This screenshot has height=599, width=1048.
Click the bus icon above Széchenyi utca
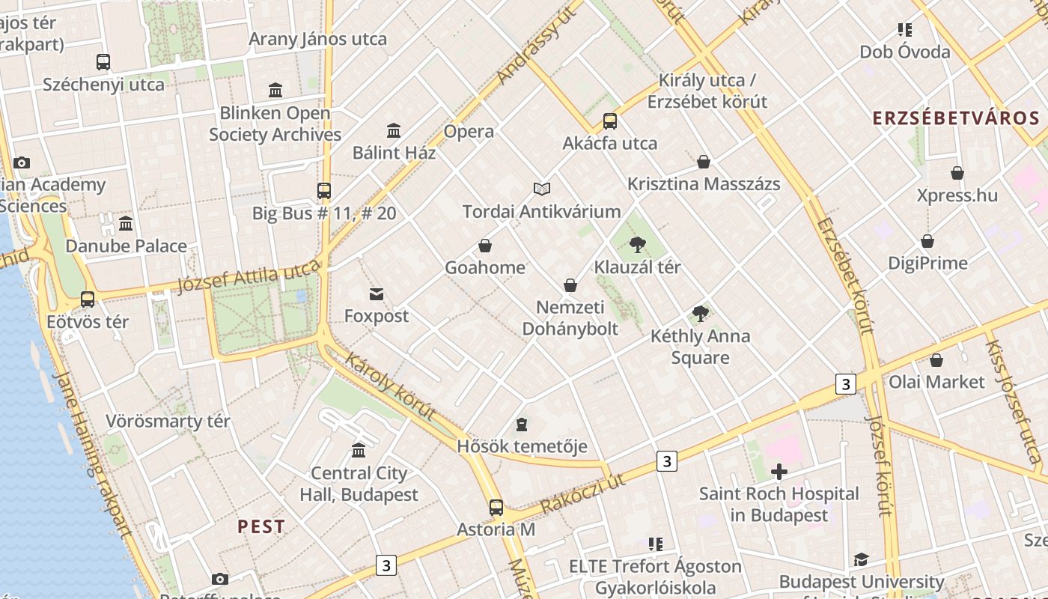pyautogui.click(x=103, y=62)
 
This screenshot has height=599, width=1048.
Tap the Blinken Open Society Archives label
pyautogui.click(x=275, y=124)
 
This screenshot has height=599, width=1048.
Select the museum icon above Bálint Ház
pyautogui.click(x=394, y=131)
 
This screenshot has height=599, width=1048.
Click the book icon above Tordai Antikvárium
pyautogui.click(x=542, y=189)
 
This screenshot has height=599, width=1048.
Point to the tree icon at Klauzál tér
pyautogui.click(x=638, y=244)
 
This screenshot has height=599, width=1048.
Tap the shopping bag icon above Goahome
pyautogui.click(x=485, y=246)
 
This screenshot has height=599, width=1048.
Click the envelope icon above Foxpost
pyautogui.click(x=377, y=294)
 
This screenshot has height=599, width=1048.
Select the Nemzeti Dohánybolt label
pyautogui.click(x=570, y=318)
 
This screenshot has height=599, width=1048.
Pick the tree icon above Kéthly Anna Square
pyautogui.click(x=701, y=314)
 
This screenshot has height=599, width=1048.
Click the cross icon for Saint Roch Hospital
pyautogui.click(x=779, y=472)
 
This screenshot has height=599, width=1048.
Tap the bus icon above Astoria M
pyautogui.click(x=496, y=508)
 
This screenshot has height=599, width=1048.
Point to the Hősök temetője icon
pyautogui.click(x=522, y=425)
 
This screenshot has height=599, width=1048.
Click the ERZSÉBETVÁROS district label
pyautogui.click(x=956, y=118)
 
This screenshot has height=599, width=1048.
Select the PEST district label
pyautogui.click(x=261, y=526)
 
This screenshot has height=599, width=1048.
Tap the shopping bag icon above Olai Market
pyautogui.click(x=936, y=360)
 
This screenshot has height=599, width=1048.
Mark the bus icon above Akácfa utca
pyautogui.click(x=610, y=121)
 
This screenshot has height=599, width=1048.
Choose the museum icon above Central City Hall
pyautogui.click(x=359, y=451)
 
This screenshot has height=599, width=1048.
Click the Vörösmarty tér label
pyautogui.click(x=168, y=421)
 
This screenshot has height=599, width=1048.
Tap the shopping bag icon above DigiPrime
pyautogui.click(x=927, y=241)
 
